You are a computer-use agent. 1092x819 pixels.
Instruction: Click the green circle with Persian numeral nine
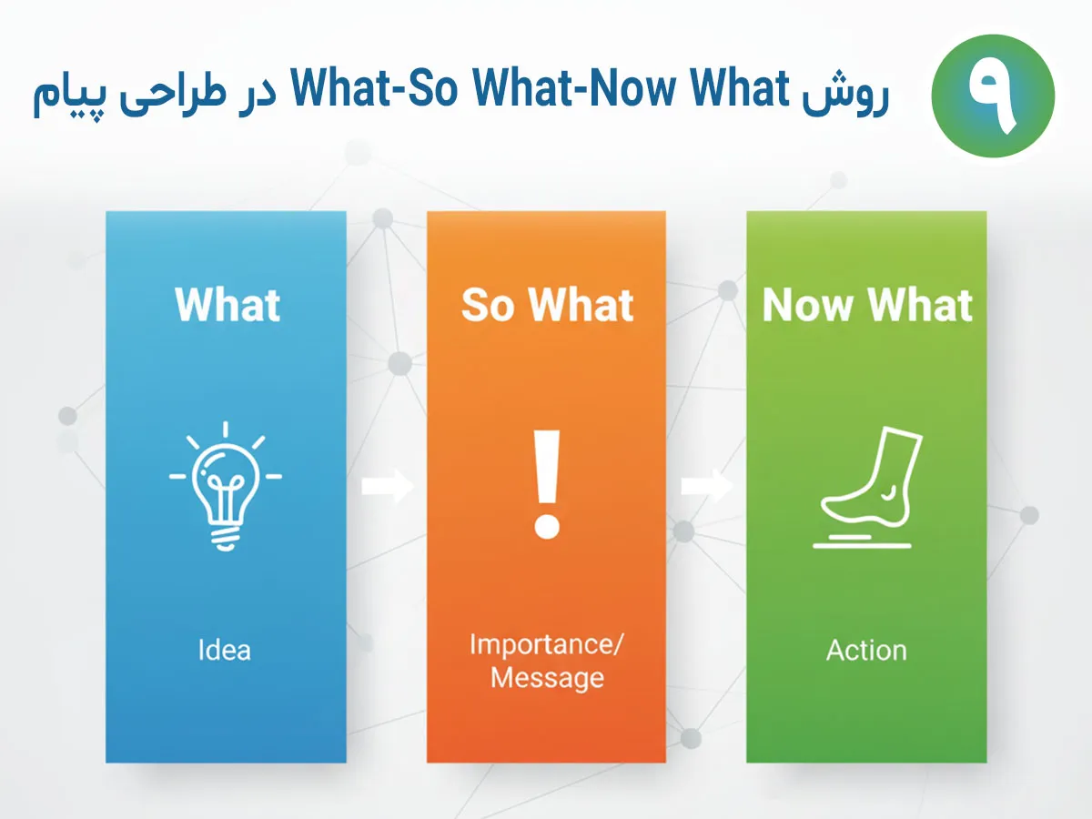click(993, 96)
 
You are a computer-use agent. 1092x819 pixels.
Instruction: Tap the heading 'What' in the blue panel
click(227, 305)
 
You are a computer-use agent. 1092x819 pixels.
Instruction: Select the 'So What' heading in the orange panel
click(547, 305)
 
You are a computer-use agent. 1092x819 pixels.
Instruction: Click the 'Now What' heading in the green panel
click(867, 305)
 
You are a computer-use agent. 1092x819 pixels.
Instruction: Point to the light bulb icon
click(225, 485)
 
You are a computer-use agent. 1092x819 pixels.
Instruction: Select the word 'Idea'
click(224, 651)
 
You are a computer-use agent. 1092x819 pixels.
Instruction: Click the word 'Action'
click(866, 651)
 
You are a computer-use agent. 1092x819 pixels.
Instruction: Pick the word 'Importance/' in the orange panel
click(547, 644)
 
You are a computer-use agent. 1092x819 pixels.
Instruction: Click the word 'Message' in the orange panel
click(547, 678)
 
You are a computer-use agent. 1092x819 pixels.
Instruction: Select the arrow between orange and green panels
click(706, 486)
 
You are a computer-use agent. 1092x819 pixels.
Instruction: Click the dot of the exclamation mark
click(547, 525)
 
